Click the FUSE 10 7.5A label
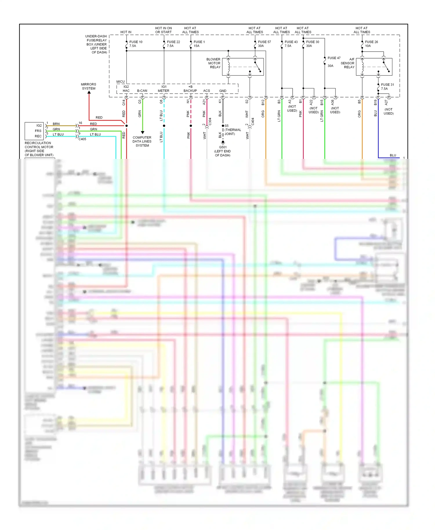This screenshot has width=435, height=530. point(135,44)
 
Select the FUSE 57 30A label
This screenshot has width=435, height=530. point(264,44)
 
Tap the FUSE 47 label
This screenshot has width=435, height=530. point(334,58)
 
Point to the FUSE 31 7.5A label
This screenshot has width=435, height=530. point(387,87)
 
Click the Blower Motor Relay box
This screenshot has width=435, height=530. point(243,67)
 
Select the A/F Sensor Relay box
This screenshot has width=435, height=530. point(374,67)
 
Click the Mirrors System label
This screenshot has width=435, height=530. point(88,86)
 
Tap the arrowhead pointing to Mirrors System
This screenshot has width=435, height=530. point(89,92)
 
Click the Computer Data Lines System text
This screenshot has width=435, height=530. point(142,141)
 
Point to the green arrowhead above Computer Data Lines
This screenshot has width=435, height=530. point(142,132)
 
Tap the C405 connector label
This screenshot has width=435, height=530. point(82,139)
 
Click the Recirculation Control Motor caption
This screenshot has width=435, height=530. point(39,149)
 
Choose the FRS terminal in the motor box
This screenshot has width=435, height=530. point(38,131)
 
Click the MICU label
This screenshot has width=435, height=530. point(120,82)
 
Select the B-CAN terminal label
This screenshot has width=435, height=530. point(142,91)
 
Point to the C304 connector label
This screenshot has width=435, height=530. point(210,121)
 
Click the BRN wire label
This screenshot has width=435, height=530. point(56,124)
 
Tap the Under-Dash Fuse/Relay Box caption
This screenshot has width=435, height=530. point(96,44)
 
